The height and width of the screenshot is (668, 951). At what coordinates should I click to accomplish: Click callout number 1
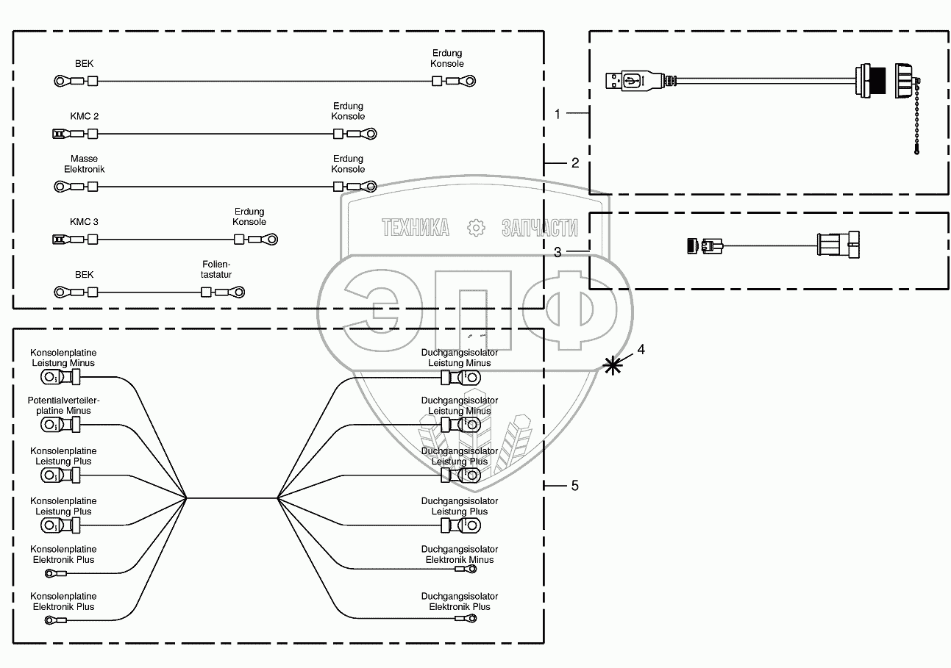click(x=558, y=114)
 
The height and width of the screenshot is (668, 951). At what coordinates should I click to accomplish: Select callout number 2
click(x=575, y=162)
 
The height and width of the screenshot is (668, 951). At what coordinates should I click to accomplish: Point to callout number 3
click(x=558, y=251)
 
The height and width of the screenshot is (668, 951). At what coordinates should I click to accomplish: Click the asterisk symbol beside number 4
click(x=612, y=364)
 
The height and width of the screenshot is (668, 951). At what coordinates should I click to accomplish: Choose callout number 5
click(x=574, y=486)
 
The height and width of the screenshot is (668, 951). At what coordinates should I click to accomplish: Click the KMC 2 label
click(x=84, y=117)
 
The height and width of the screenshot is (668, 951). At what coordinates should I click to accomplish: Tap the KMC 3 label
click(x=84, y=222)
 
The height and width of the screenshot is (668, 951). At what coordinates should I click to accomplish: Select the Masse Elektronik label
click(x=84, y=164)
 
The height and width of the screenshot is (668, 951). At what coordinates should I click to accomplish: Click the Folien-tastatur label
click(x=216, y=269)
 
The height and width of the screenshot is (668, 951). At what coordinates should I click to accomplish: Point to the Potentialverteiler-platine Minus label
click(x=63, y=405)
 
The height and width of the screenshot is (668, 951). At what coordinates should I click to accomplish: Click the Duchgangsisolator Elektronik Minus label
click(x=460, y=554)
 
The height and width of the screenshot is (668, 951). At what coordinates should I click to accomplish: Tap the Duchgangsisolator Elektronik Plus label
click(x=460, y=601)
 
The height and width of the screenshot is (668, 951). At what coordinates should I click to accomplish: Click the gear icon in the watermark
click(x=477, y=228)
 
